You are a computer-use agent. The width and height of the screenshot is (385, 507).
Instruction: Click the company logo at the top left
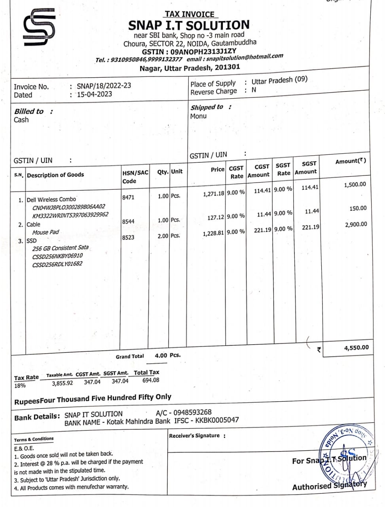[x=39, y=28]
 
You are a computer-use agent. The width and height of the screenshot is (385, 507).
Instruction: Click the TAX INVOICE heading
[x=190, y=14]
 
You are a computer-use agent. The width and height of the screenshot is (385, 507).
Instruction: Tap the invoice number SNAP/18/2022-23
[x=104, y=86]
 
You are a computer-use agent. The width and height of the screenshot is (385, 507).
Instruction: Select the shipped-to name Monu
[x=198, y=116]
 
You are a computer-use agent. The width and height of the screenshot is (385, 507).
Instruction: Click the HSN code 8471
[x=128, y=197]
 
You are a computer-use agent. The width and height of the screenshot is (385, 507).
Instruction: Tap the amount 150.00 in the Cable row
[x=358, y=208]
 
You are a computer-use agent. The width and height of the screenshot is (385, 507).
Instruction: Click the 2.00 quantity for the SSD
[x=163, y=236]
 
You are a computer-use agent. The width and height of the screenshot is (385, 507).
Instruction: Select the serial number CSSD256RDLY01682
[x=57, y=264]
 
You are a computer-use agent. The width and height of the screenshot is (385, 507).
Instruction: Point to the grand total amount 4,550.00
[x=356, y=348]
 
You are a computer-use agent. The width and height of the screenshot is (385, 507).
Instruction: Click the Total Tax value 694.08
[x=151, y=380]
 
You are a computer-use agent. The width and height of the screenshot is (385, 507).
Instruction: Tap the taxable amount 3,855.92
[x=63, y=383]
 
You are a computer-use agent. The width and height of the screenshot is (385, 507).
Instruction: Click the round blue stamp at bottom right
[x=347, y=456]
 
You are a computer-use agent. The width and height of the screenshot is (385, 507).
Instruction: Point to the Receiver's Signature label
[x=194, y=436]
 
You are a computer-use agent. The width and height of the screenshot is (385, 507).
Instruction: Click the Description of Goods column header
[x=55, y=175]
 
